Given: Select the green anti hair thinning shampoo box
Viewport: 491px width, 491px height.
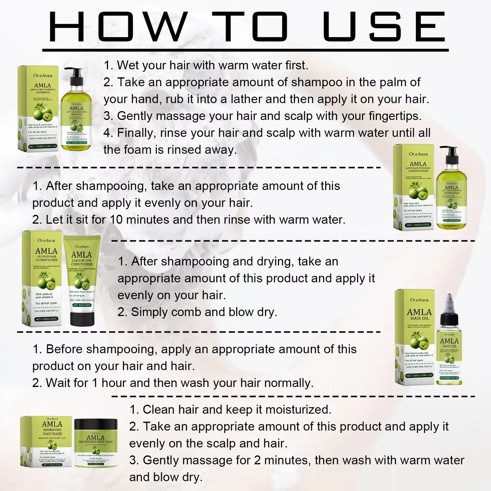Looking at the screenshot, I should point(38,109).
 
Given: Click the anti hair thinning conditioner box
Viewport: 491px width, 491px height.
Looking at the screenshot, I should point(414,187).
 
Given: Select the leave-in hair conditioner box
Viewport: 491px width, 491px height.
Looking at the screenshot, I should point(42,279).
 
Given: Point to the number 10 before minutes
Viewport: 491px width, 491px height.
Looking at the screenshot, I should point(116,220).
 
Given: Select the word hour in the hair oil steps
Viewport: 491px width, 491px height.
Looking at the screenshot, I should point(114,383).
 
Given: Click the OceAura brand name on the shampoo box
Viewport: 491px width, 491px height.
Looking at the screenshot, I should point(42,75).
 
